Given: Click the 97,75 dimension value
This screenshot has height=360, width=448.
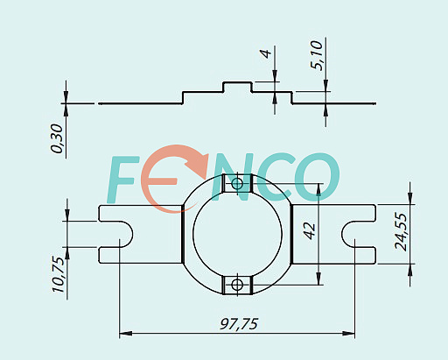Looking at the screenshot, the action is [x=239, y=324].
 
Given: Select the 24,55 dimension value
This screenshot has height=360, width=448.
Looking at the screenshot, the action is [x=401, y=231].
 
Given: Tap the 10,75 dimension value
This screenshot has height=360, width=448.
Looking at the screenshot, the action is [x=58, y=274].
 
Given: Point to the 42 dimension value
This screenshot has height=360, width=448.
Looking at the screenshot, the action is [x=310, y=230].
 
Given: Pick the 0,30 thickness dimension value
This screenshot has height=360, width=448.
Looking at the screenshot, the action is [x=56, y=138].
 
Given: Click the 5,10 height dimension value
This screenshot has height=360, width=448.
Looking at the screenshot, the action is [x=317, y=55].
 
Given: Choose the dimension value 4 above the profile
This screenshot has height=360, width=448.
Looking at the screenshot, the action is [x=266, y=53].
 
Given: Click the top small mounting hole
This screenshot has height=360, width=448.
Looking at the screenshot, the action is [x=237, y=184].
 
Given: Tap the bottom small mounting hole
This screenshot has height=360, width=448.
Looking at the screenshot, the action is [x=237, y=285].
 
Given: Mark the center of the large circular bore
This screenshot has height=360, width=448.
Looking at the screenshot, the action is [x=237, y=234].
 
